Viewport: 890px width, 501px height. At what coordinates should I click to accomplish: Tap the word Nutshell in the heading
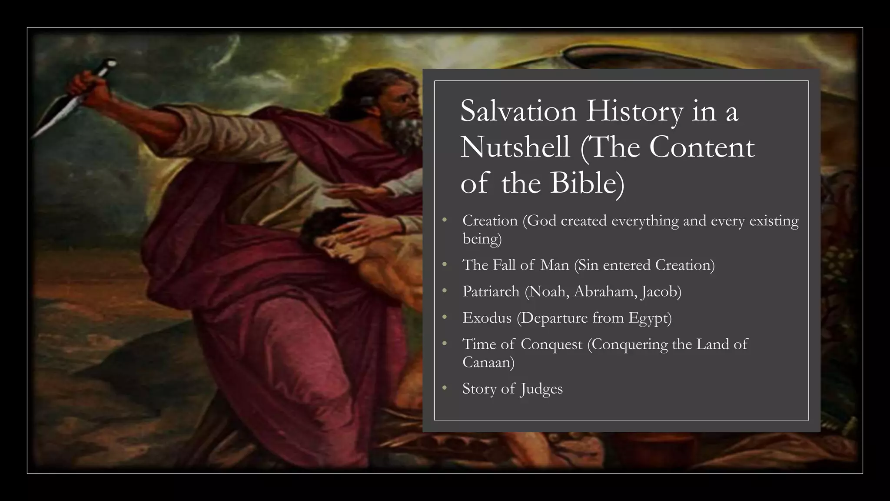515,147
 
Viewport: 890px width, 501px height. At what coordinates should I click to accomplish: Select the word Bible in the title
587,183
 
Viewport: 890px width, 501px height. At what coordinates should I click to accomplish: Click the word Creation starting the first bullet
490,221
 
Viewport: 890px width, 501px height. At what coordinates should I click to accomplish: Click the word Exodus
487,318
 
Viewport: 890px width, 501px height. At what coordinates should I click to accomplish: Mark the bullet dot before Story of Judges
444,388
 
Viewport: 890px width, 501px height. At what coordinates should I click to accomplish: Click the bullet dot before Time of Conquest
444,344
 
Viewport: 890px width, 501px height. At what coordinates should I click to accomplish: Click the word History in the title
635,111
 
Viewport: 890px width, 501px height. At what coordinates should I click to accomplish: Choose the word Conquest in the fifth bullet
551,344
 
